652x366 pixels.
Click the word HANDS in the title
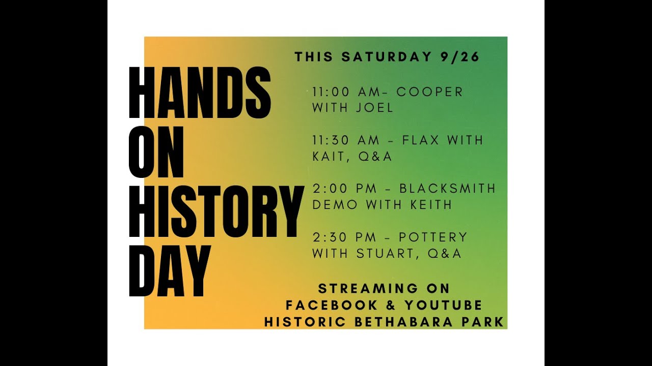point(199,93)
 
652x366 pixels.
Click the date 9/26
point(459,57)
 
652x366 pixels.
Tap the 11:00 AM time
point(344,92)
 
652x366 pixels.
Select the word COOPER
point(430,92)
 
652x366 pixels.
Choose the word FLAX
point(421,140)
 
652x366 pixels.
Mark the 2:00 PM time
point(344,189)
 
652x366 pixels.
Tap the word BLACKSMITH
point(447,189)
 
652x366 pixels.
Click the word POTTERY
point(433,237)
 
